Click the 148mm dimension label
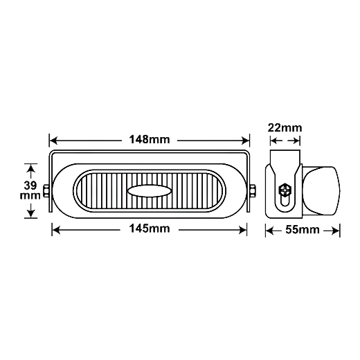(x=150, y=139)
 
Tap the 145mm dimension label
(x=150, y=228)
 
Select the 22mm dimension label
(x=285, y=128)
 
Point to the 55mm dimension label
(x=303, y=230)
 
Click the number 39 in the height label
(x=30, y=186)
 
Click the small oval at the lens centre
(x=150, y=191)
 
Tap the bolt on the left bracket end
(x=46, y=190)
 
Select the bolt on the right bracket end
(x=253, y=190)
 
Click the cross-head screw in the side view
(x=285, y=190)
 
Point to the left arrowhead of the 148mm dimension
(x=53, y=141)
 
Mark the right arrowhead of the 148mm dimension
(x=245, y=141)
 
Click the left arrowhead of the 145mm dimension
(x=56, y=230)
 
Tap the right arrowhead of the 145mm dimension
(x=242, y=230)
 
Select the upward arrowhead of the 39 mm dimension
(x=30, y=168)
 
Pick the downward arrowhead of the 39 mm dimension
(x=30, y=213)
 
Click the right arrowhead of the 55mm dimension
(x=336, y=231)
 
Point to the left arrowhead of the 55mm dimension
(x=270, y=231)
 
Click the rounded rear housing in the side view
(x=321, y=191)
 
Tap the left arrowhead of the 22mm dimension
(x=274, y=141)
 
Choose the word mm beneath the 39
(x=30, y=196)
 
